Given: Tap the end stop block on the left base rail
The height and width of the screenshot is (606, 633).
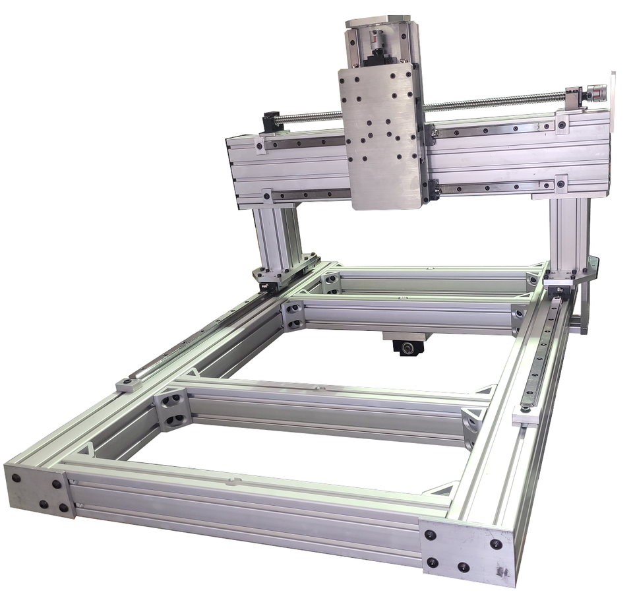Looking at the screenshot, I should tap(129, 384).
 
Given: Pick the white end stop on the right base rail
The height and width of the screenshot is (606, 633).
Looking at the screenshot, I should tap(526, 414).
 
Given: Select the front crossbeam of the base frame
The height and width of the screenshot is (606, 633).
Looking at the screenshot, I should tap(244, 508).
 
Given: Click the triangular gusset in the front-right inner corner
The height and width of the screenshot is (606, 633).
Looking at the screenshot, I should tap(440, 489).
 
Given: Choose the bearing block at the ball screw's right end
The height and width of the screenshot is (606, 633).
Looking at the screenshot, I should tap(574, 98).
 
